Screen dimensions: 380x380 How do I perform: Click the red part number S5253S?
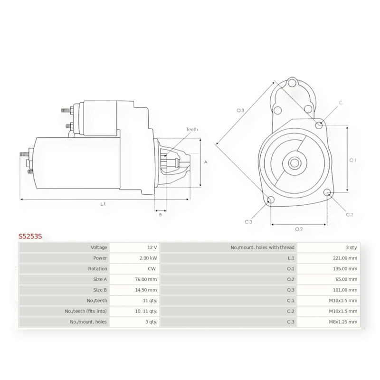(30, 236)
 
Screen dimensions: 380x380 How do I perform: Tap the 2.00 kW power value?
(148, 258)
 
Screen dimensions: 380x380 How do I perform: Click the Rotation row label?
(97, 269)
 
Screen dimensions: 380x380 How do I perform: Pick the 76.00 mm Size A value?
(146, 279)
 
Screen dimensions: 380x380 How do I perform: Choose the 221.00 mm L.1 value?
(345, 258)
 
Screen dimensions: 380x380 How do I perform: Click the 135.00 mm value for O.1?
(345, 269)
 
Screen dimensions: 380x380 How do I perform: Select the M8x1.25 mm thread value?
(343, 322)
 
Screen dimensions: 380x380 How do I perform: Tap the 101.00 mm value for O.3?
(345, 290)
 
